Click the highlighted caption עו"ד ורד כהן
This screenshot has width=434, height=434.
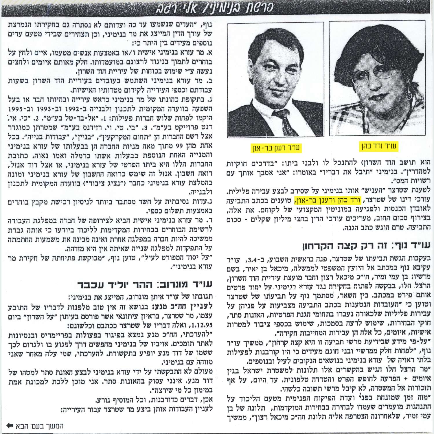(x=379, y=146)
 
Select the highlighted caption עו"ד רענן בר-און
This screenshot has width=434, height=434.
(x=275, y=148)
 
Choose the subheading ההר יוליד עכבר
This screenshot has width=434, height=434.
(x=145, y=284)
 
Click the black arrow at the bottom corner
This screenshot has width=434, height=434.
(x=10, y=426)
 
